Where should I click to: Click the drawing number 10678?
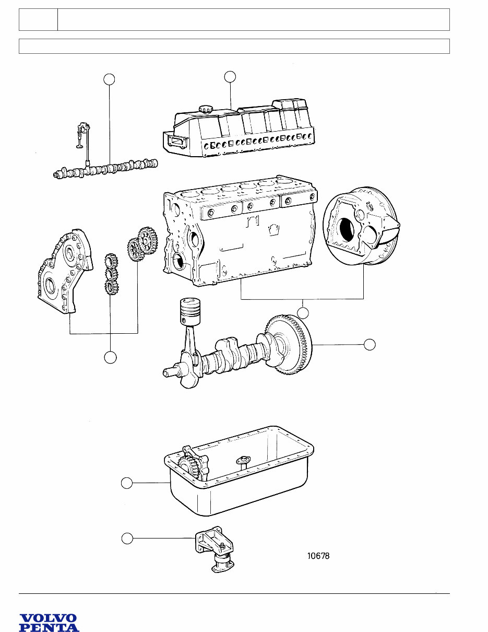[318, 556]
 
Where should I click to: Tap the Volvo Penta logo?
[49, 623]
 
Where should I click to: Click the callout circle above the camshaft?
[109, 79]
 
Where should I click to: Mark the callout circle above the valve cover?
[230, 76]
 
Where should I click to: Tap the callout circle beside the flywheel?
[370, 344]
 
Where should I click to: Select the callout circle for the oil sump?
[127, 483]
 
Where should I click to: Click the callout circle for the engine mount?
[127, 537]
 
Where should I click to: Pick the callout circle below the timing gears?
[110, 358]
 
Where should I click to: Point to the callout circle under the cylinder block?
[303, 313]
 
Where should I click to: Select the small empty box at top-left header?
[38, 19]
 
